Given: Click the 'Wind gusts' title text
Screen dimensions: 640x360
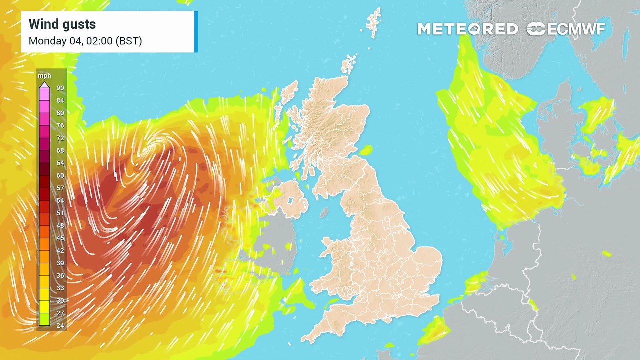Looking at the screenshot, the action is (62, 24).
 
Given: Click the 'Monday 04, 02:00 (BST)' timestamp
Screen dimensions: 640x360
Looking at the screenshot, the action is (85, 41).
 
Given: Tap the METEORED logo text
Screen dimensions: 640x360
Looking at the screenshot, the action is (467, 29).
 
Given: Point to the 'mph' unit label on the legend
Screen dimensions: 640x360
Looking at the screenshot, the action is (44, 76).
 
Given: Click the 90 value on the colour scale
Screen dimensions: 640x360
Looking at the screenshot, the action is (60, 88).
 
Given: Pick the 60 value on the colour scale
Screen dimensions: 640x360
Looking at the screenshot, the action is (60, 176).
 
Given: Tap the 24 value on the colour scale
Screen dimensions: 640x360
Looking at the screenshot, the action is (60, 326).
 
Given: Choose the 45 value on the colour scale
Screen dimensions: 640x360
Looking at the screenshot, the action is (60, 238).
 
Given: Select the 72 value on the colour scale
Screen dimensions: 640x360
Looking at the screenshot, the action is (60, 138).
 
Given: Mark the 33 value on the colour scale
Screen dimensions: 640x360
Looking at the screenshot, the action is (60, 288).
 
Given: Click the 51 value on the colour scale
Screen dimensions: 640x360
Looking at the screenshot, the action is (60, 213).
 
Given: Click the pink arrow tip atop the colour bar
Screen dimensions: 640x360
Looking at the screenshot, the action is (44, 86).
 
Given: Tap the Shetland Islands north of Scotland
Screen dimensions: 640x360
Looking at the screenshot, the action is (373, 22).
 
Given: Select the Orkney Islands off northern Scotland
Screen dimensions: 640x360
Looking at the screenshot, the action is (348, 65).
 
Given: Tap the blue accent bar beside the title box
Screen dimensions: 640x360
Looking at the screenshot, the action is (196, 32).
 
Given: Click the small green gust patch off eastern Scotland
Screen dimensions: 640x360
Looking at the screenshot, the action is (366, 150).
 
